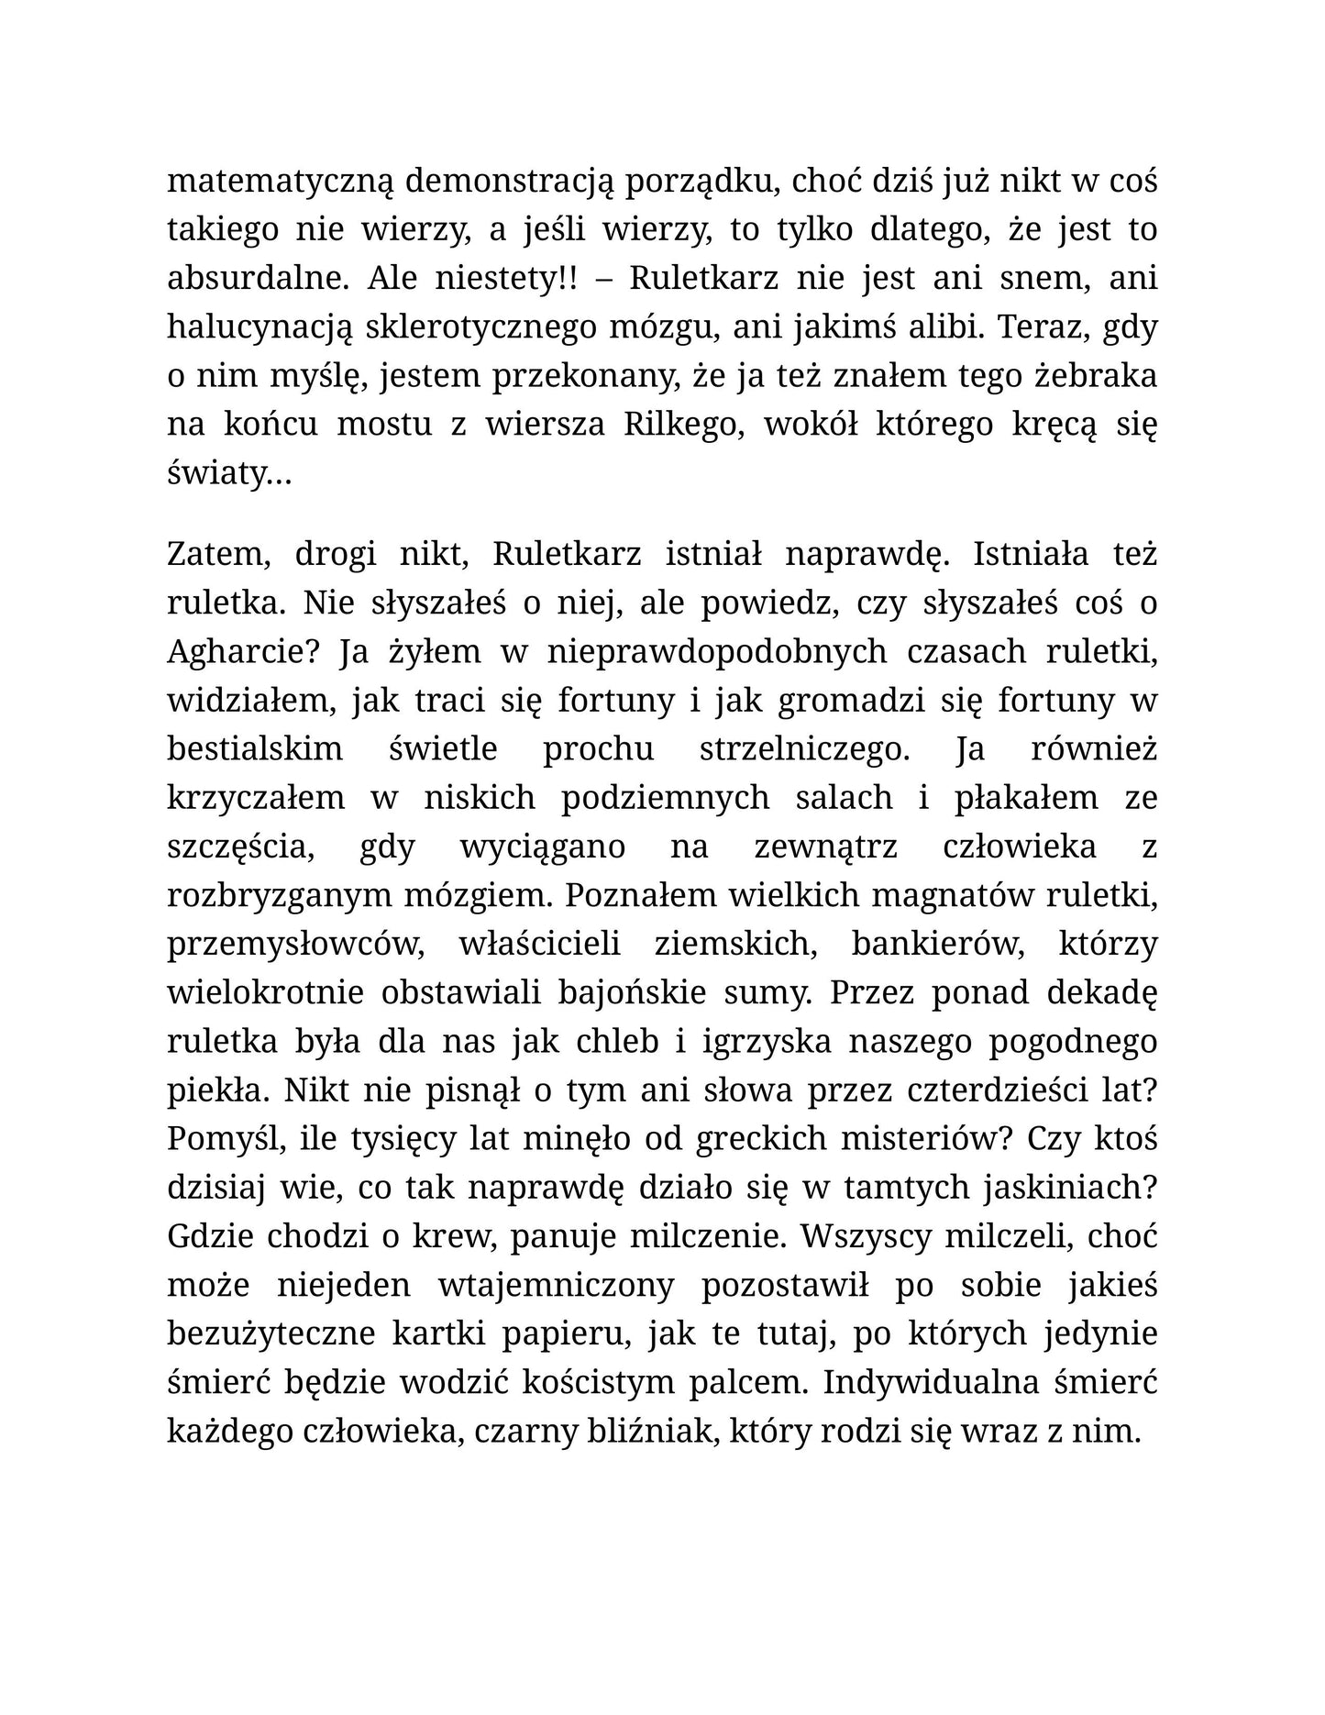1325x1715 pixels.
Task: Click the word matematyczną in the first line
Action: point(280,182)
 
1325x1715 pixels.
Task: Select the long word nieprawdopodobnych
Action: point(717,651)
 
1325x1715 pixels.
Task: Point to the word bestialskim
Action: point(255,748)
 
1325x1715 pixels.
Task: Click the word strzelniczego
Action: point(804,748)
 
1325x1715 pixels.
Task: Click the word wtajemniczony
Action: point(556,1285)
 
